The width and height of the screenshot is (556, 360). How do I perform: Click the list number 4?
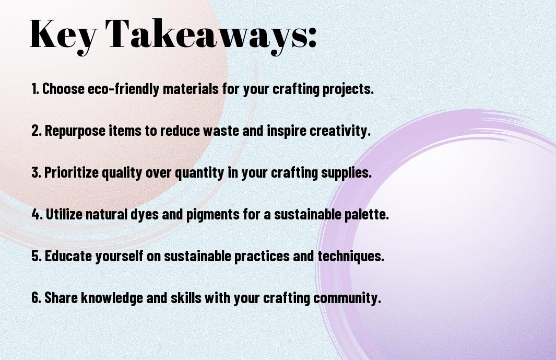[37, 214]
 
